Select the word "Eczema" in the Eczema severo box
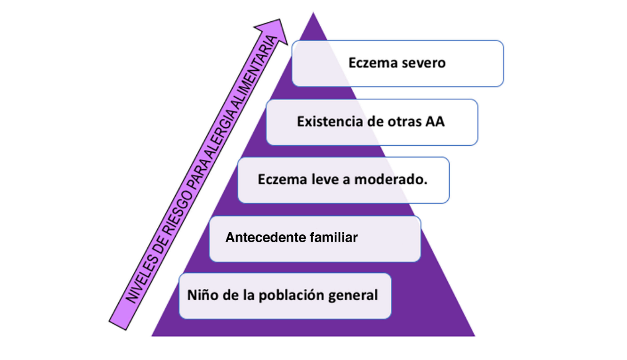click(373, 63)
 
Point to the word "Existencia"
click(328, 121)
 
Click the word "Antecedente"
click(265, 238)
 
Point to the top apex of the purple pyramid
click(313, 12)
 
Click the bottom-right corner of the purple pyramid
click(474, 335)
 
